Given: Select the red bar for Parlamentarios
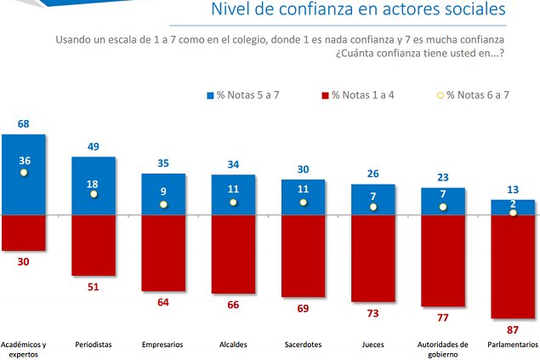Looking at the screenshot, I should coord(513,264).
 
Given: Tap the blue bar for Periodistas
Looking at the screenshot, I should coord(94,185).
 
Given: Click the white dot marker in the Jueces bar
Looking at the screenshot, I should coord(373,207).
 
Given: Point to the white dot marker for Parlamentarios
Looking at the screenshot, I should coord(513,213).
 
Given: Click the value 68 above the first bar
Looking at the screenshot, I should coord(24,124).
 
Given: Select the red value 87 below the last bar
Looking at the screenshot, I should coord(513,329).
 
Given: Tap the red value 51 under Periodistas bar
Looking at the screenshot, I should coord(94,288).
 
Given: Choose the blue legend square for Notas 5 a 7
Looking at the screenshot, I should coord(210,94).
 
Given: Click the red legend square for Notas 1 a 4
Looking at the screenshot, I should coord(324,94).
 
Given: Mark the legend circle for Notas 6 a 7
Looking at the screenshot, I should coord(440,94).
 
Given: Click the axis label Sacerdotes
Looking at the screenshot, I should coord(303,345).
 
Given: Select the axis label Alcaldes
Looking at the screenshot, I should coord(233,345).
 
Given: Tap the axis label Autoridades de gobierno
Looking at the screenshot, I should coord(442,349).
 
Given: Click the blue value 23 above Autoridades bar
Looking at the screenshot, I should coord(443,177).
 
